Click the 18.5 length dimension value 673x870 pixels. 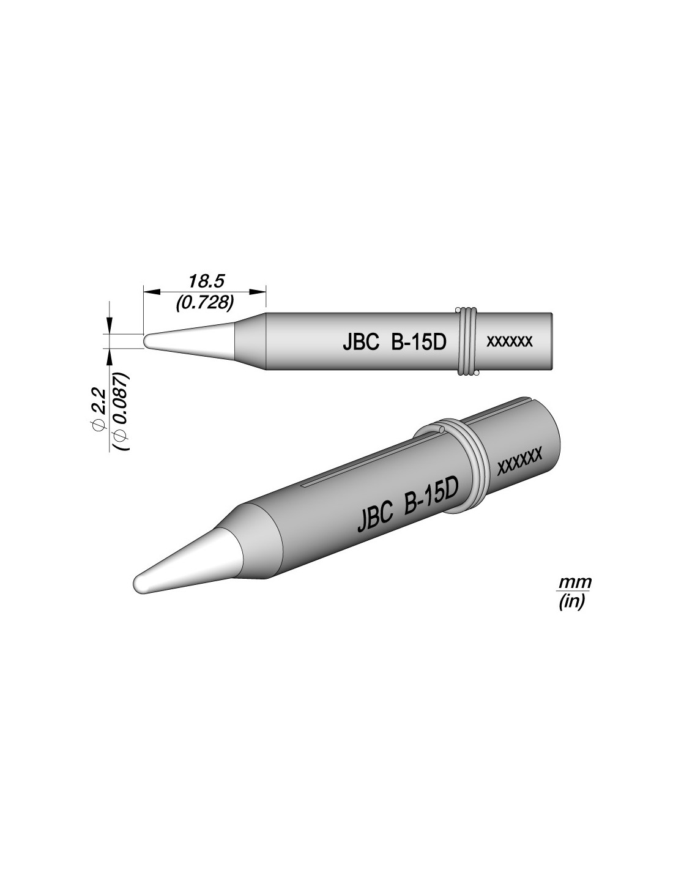pos(205,281)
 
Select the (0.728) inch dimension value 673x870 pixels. pos(204,303)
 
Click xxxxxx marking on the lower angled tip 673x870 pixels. pos(519,464)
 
